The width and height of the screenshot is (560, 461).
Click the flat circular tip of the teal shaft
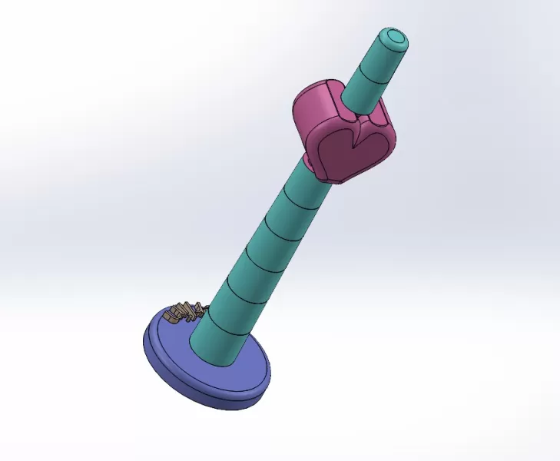coord(395,37)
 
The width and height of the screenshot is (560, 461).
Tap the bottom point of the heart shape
coord(336,178)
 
